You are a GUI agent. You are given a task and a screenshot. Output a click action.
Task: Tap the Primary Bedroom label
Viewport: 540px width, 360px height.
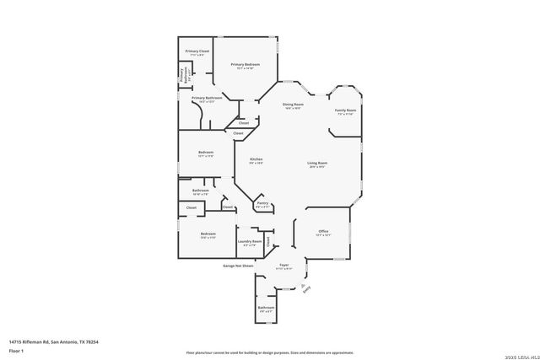click(x=245, y=65)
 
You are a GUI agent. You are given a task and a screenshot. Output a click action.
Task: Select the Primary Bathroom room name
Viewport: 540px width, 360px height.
click(x=207, y=99)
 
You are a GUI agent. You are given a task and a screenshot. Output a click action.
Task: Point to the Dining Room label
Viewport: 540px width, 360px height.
click(x=292, y=105)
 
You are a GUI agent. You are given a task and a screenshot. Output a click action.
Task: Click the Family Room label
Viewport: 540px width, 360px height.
click(x=345, y=111)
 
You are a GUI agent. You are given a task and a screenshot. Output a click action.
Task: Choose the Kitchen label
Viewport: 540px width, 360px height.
click(x=256, y=160)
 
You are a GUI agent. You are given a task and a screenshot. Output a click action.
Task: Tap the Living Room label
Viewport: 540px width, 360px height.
click(x=317, y=164)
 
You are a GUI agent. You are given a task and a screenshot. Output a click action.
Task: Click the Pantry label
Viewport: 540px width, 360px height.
click(x=262, y=203)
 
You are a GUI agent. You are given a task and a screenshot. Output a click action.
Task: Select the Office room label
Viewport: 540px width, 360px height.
click(x=322, y=232)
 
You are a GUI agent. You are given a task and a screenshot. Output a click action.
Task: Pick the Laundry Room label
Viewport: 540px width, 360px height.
click(x=251, y=242)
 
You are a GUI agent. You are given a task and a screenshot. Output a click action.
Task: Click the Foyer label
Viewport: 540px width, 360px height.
click(x=284, y=266)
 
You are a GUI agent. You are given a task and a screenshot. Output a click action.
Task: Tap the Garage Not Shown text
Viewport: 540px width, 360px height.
click(x=238, y=266)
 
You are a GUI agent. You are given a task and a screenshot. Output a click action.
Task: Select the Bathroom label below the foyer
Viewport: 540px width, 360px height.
click(x=267, y=309)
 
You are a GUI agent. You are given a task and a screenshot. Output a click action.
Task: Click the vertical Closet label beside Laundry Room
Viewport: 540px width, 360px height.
click(x=268, y=241)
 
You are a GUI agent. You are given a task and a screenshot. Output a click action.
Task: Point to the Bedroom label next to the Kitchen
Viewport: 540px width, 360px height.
click(x=205, y=153)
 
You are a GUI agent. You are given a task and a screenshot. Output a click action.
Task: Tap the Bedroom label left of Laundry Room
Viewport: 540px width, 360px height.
click(x=208, y=234)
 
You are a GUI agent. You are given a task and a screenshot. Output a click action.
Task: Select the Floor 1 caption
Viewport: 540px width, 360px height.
click(x=15, y=350)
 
